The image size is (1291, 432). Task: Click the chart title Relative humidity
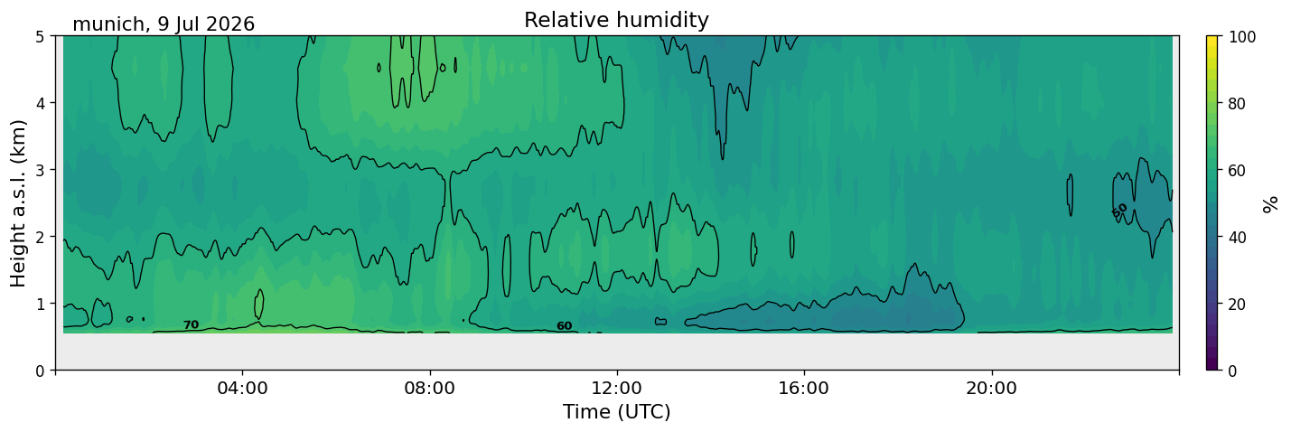[616, 20]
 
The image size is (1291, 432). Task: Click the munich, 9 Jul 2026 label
[164, 24]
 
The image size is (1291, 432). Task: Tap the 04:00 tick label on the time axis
[242, 388]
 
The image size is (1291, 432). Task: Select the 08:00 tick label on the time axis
[430, 388]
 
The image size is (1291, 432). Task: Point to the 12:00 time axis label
[617, 388]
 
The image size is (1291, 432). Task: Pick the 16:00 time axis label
[804, 388]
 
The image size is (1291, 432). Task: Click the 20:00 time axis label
[991, 388]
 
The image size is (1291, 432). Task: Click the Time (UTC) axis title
[617, 412]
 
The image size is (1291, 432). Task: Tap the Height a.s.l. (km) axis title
[18, 203]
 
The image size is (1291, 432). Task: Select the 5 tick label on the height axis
[40, 37]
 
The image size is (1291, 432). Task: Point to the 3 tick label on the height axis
[40, 170]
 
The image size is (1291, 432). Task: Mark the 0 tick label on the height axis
[40, 371]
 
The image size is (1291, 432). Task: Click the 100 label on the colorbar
[1242, 37]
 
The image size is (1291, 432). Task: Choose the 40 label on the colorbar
[1238, 237]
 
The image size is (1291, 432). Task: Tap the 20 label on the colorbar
[1238, 304]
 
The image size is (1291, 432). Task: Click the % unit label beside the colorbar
[1269, 204]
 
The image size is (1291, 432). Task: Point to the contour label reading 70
[191, 324]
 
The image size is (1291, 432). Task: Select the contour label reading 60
[565, 326]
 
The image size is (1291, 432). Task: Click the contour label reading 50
[1119, 211]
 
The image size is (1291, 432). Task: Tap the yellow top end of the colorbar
[1212, 38]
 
